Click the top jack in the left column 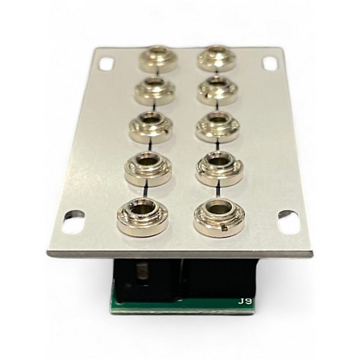click(158, 59)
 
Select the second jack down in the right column click(217, 91)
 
